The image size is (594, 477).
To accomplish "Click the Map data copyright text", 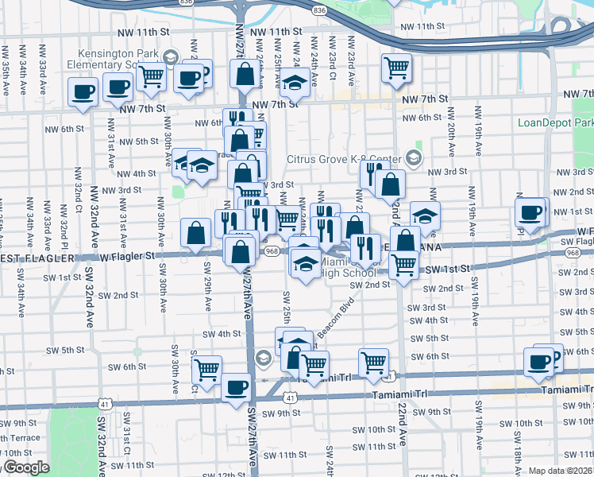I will pyautogui.click(x=561, y=471).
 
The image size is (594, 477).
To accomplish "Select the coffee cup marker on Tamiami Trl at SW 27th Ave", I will pyautogui.click(x=234, y=389).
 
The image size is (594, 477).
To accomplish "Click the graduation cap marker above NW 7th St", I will pyautogui.click(x=294, y=81).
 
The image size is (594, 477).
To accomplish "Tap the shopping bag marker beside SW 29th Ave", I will pyautogui.click(x=195, y=233).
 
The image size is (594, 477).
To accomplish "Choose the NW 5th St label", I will pyautogui.click(x=142, y=142).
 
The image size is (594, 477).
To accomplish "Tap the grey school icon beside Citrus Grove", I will pyautogui.click(x=413, y=157).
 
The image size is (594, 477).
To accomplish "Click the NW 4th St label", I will pyautogui.click(x=136, y=173).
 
